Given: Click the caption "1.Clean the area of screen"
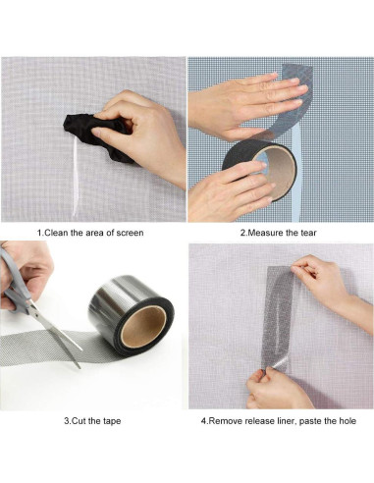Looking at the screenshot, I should point(90,233).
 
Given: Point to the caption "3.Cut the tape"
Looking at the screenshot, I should point(90,420).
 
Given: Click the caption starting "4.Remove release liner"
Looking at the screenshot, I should point(280,420).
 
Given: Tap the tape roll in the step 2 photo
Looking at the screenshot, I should point(257,167).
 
